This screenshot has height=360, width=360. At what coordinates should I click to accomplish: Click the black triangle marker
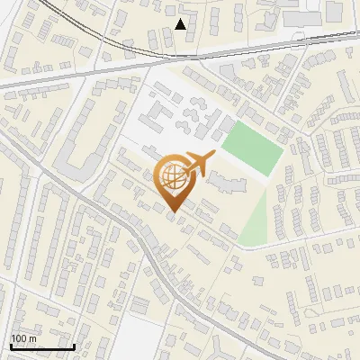point(181,24)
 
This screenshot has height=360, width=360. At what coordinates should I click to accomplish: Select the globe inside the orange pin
point(172,177)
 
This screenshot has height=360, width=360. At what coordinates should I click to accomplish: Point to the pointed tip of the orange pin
point(172,212)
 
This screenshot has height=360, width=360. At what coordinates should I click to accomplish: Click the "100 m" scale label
point(24,338)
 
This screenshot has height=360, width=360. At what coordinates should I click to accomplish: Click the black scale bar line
point(42,346)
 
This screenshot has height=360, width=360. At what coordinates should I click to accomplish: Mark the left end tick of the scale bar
point(11,345)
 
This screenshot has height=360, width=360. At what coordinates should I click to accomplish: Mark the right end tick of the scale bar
point(74,345)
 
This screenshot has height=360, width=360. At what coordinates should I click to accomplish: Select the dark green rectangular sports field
point(252,147)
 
